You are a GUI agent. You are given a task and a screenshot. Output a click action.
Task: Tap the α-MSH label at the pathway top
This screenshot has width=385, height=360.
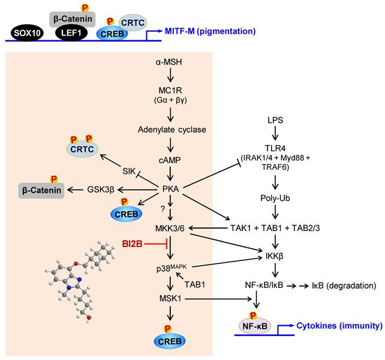171,62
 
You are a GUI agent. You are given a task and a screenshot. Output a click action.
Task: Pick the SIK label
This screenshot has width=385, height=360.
130,170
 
